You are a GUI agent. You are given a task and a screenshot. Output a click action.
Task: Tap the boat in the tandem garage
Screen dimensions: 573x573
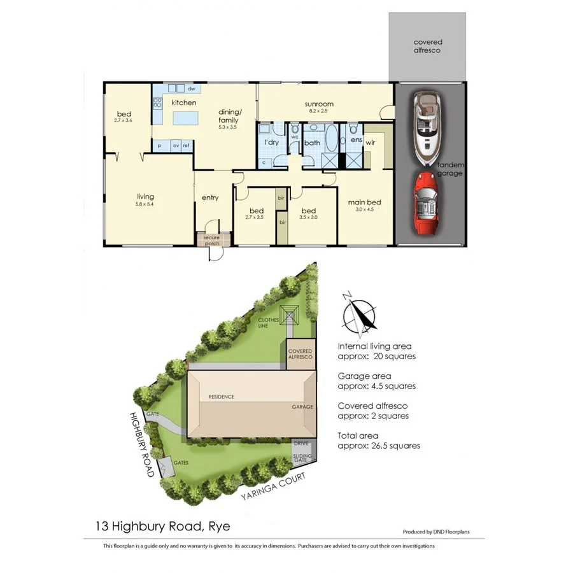coord(426,124)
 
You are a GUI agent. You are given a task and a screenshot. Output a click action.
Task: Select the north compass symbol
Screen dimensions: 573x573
coord(358,315)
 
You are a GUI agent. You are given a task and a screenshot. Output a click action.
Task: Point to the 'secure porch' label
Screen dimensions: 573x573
coord(211,240)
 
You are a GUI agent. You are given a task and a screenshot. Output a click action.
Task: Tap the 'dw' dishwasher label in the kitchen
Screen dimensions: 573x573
coord(191,88)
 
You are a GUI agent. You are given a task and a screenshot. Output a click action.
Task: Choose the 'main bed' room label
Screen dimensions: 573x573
coord(360,204)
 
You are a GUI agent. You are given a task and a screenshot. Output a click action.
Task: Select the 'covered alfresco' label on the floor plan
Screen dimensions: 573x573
coord(427,46)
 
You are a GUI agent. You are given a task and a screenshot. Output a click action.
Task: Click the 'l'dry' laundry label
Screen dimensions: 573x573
coord(272,142)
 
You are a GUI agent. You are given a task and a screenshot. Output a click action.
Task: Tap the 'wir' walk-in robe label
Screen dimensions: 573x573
coord(371,143)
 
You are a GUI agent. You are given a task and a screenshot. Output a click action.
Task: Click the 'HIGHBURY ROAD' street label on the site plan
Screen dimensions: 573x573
coord(141,444)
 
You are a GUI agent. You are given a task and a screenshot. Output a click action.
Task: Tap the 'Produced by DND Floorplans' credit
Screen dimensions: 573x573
coord(436,532)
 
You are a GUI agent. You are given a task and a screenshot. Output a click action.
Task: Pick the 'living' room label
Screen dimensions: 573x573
coord(145,197)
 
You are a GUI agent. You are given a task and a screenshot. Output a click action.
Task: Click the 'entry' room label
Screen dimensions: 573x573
coord(210,197)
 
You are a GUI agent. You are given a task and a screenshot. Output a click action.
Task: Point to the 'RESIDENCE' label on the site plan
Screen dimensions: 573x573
coord(222,397)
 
